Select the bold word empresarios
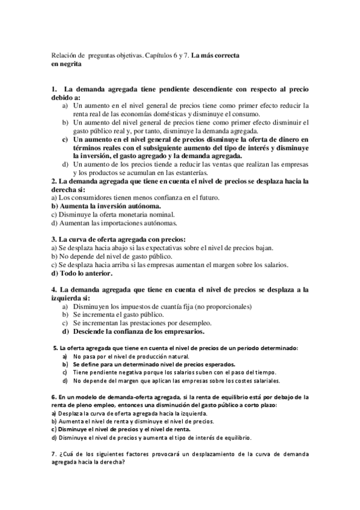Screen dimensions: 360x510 click(180, 331)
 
